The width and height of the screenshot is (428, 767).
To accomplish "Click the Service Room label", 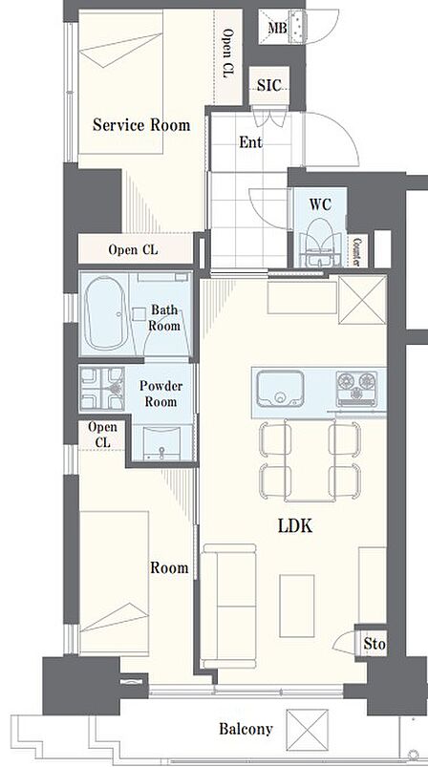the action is click(x=141, y=125).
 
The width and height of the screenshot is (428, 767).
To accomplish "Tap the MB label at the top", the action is click(x=277, y=28).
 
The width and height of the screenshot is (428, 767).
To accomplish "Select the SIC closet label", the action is click(x=269, y=86).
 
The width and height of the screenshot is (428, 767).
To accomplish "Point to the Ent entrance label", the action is click(x=250, y=142).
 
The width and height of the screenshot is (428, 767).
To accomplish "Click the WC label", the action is click(x=320, y=204).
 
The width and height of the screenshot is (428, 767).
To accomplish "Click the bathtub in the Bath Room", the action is click(x=106, y=313).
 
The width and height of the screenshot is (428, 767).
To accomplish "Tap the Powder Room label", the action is click(x=160, y=394).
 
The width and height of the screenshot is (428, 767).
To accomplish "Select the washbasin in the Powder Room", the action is click(x=161, y=442).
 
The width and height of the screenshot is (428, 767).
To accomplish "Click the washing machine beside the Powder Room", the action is click(x=102, y=388).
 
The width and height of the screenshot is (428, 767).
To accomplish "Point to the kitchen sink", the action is click(x=280, y=389).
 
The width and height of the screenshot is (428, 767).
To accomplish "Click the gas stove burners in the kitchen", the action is click(x=356, y=389).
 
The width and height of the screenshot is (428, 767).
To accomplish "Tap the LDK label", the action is click(x=295, y=526).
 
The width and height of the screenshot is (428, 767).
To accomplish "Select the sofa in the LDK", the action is click(x=229, y=606).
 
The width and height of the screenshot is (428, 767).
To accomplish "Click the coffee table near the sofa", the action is click(x=297, y=606).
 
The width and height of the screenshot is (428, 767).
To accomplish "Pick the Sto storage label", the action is click(x=374, y=644).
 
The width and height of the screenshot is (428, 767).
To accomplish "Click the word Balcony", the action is click(x=246, y=730).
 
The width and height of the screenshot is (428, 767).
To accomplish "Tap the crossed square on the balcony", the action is click(x=308, y=730).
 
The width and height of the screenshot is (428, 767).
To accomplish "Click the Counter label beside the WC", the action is click(x=357, y=251).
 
